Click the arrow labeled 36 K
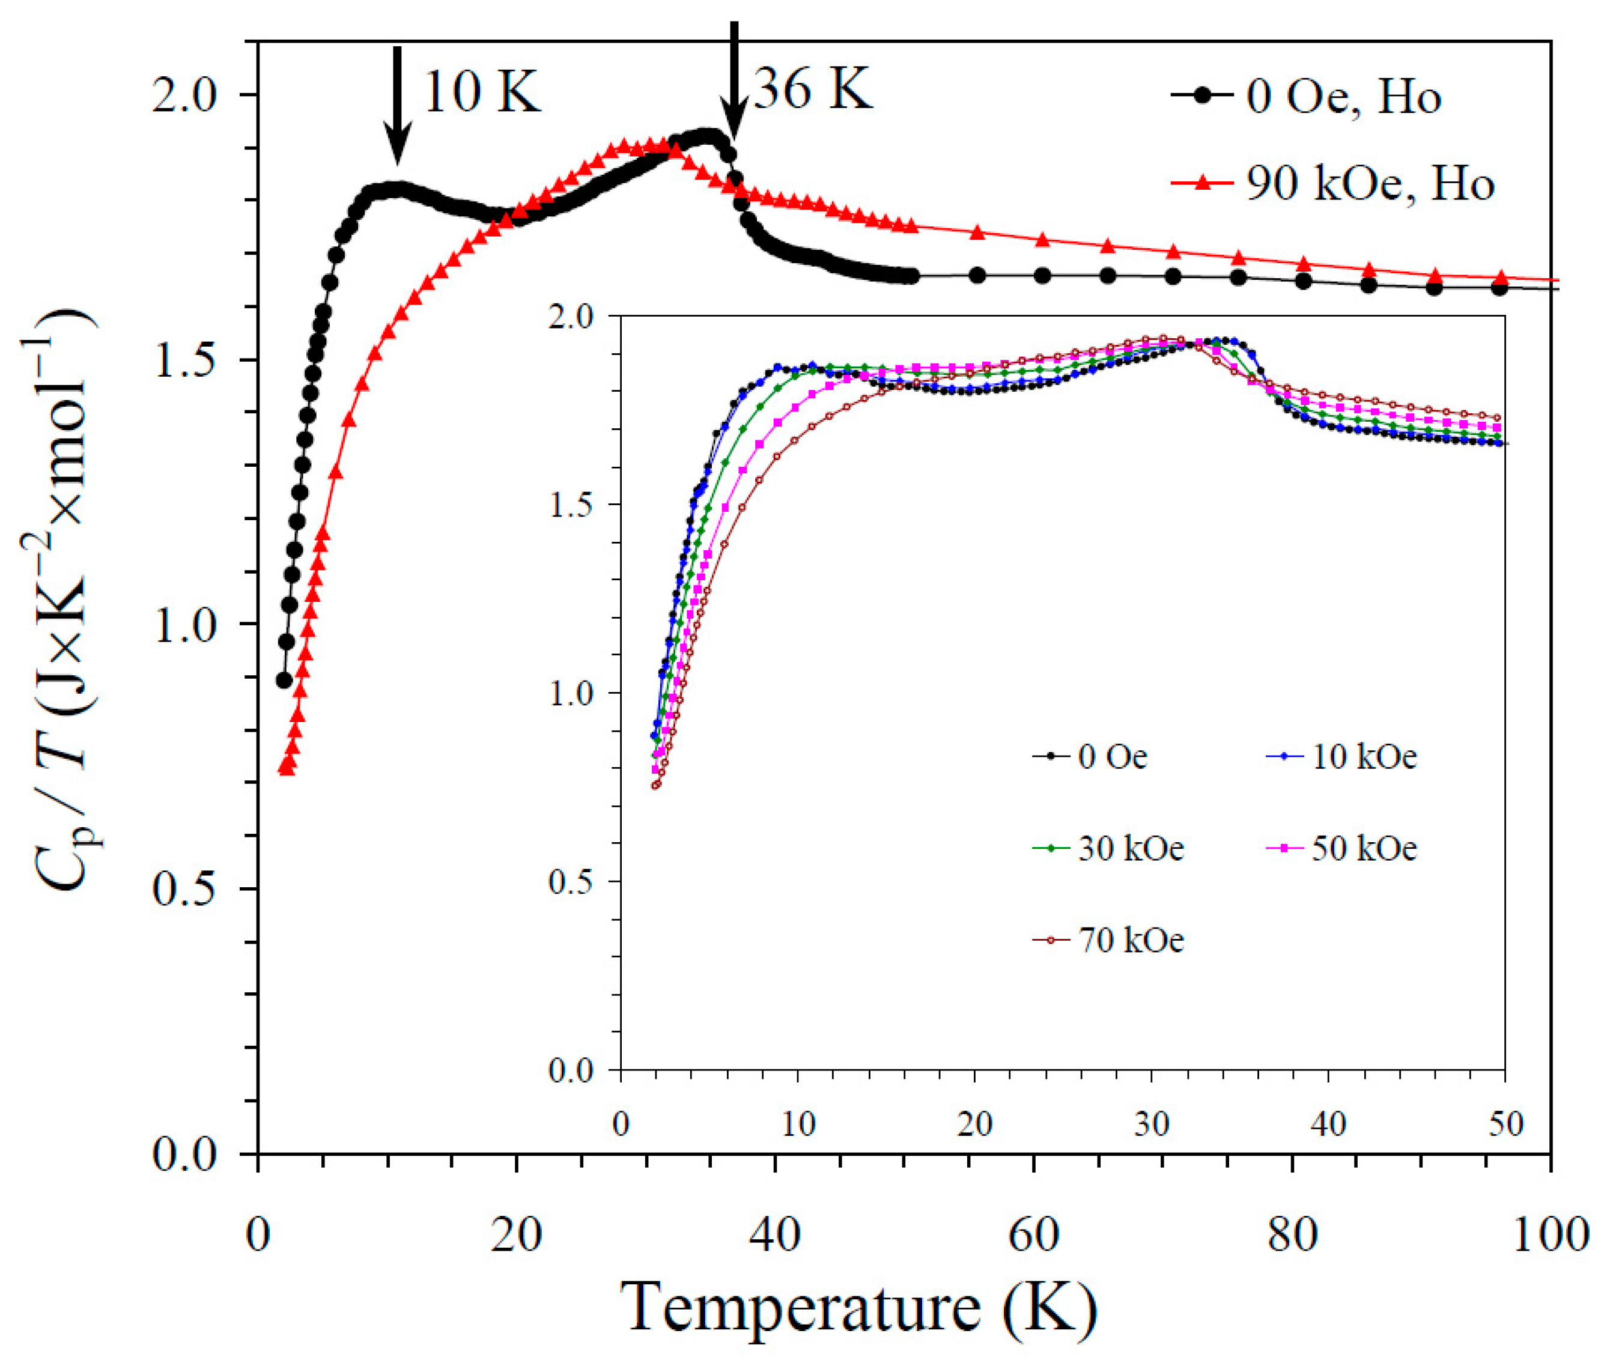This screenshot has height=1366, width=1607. coord(734,81)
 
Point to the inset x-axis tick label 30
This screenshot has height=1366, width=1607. coord(1152,1124)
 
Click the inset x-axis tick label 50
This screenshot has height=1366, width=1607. coord(1505,1124)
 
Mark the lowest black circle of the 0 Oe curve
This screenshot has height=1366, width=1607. coord(284,680)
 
